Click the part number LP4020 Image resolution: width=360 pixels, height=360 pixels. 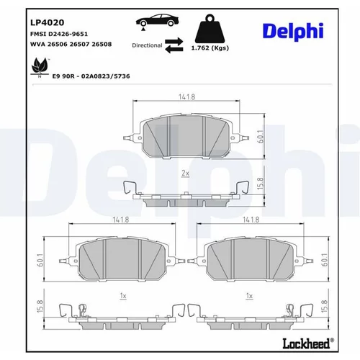tap(47, 22)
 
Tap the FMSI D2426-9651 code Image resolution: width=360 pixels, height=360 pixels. tap(59, 34)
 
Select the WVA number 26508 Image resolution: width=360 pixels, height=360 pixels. tap(102, 44)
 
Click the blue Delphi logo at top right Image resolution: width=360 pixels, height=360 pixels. tap(293, 32)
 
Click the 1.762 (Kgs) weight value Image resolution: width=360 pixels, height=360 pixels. tap(210, 48)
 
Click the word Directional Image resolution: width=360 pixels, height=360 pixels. tap(147, 45)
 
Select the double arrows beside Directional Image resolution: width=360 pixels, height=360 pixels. tap(174, 45)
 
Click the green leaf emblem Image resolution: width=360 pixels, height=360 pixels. tap(40, 66)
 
